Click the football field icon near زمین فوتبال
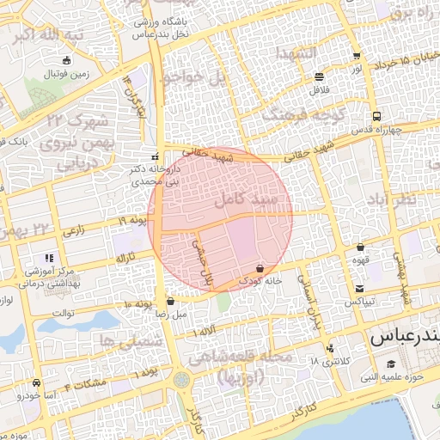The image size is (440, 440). [x=67, y=60]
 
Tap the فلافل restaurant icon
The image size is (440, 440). [x=320, y=76]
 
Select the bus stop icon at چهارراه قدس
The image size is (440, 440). [x=376, y=117]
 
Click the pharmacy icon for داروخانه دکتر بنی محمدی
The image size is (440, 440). [x=155, y=157]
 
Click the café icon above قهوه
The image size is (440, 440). [x=359, y=247]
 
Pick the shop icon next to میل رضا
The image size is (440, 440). [x=170, y=302]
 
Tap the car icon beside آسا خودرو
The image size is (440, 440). [x=35, y=382]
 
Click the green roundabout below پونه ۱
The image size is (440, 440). [x=182, y=378]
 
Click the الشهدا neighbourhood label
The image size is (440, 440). [x=296, y=54]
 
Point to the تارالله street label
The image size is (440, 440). [x=126, y=257]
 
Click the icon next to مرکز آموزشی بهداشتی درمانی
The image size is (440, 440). [x=49, y=257]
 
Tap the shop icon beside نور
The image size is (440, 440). [x=356, y=57]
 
